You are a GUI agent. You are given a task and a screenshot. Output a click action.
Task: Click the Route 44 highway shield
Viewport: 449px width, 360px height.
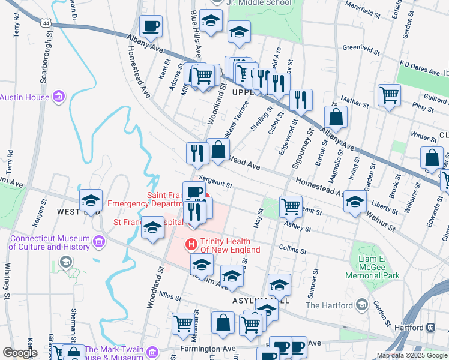(46, 23)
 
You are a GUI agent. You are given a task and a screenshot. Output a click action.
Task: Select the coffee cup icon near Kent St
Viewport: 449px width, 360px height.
(151, 27)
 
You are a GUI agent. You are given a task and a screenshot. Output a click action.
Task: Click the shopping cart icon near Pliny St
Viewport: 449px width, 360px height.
(389, 95)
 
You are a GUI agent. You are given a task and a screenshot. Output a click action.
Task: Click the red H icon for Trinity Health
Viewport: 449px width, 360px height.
(191, 245)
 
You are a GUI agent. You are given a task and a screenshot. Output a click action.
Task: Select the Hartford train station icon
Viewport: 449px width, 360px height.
(430, 328)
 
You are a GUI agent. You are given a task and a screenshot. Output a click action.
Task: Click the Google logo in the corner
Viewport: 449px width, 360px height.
(19, 353)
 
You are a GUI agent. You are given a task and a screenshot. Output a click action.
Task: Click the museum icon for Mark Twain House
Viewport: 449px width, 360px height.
(152, 350)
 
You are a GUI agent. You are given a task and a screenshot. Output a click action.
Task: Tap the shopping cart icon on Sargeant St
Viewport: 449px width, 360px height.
(291, 206)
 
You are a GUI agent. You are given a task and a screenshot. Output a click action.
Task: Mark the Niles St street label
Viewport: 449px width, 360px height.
(170, 295)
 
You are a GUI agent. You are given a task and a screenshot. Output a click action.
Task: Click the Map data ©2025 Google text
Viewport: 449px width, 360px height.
(411, 355)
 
